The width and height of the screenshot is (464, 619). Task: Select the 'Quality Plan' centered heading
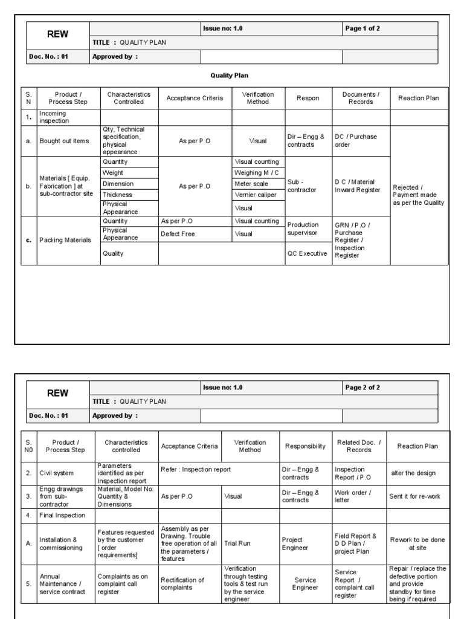[229, 76]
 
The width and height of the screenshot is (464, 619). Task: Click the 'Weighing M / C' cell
[257, 173]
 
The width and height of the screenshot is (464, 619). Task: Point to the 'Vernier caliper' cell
[257, 195]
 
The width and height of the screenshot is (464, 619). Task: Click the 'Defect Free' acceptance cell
[178, 234]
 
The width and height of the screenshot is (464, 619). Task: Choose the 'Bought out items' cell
[64, 141]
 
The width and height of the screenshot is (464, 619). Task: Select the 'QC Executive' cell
[308, 254]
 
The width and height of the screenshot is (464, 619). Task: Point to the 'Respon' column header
[308, 98]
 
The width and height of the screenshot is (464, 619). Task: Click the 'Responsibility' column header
[305, 446]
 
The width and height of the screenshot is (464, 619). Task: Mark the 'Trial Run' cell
[237, 543]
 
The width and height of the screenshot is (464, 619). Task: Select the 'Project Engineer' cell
[295, 543]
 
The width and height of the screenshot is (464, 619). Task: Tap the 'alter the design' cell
[413, 473]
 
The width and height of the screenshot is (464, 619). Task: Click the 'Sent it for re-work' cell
[414, 496]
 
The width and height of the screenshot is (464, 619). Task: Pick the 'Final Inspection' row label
[62, 516]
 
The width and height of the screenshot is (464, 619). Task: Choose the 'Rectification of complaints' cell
[182, 584]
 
